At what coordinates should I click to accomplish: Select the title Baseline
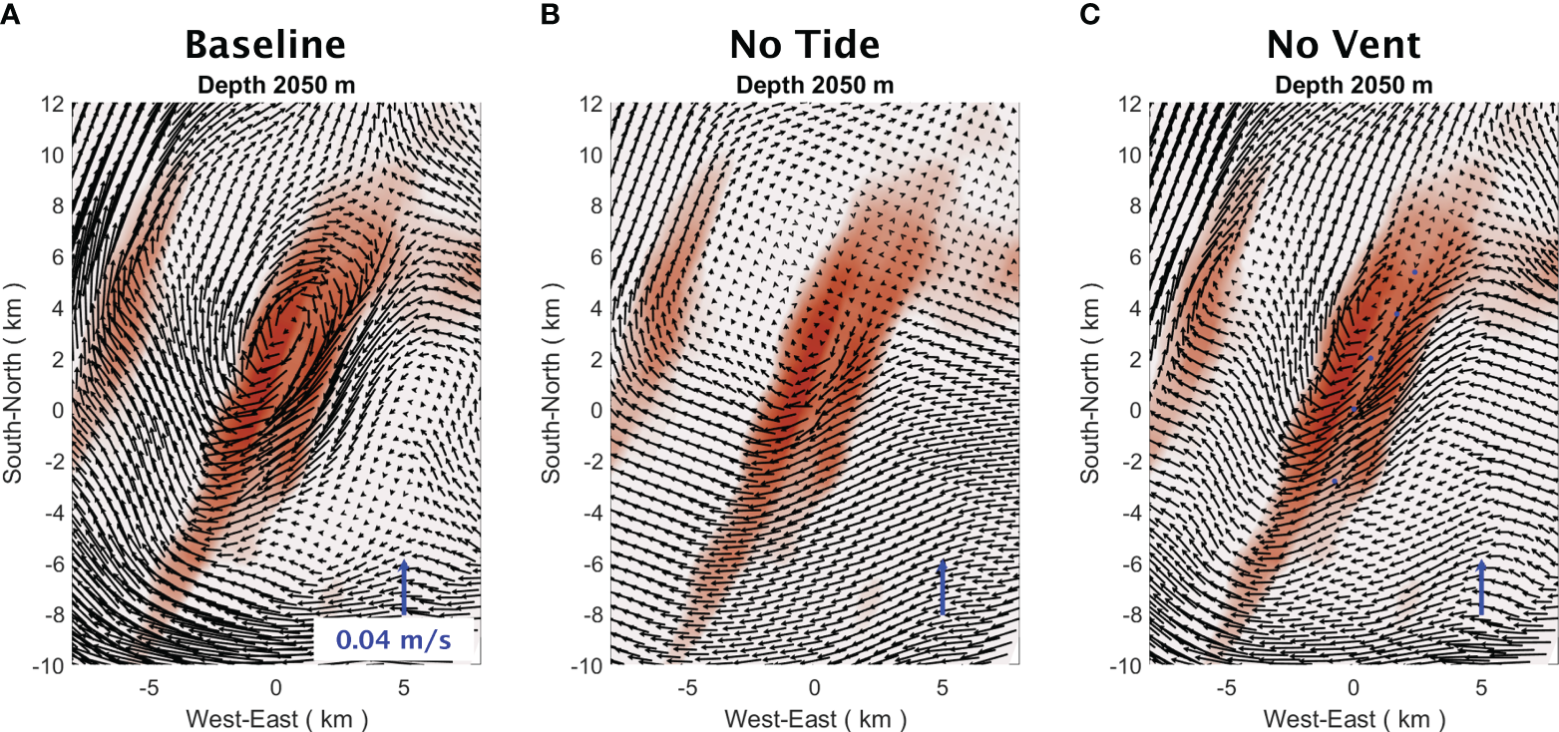point(265,46)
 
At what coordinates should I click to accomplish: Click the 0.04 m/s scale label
point(393,640)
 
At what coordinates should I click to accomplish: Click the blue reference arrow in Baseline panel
point(404,588)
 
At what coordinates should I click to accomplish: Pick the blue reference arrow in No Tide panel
point(943,588)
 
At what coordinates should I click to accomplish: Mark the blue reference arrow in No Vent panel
point(1481,588)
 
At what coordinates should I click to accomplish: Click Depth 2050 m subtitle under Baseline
point(275,85)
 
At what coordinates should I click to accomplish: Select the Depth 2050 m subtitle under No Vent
point(1354,85)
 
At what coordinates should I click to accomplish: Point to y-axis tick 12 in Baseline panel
point(53,103)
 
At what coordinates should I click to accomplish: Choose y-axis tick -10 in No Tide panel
point(586,665)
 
